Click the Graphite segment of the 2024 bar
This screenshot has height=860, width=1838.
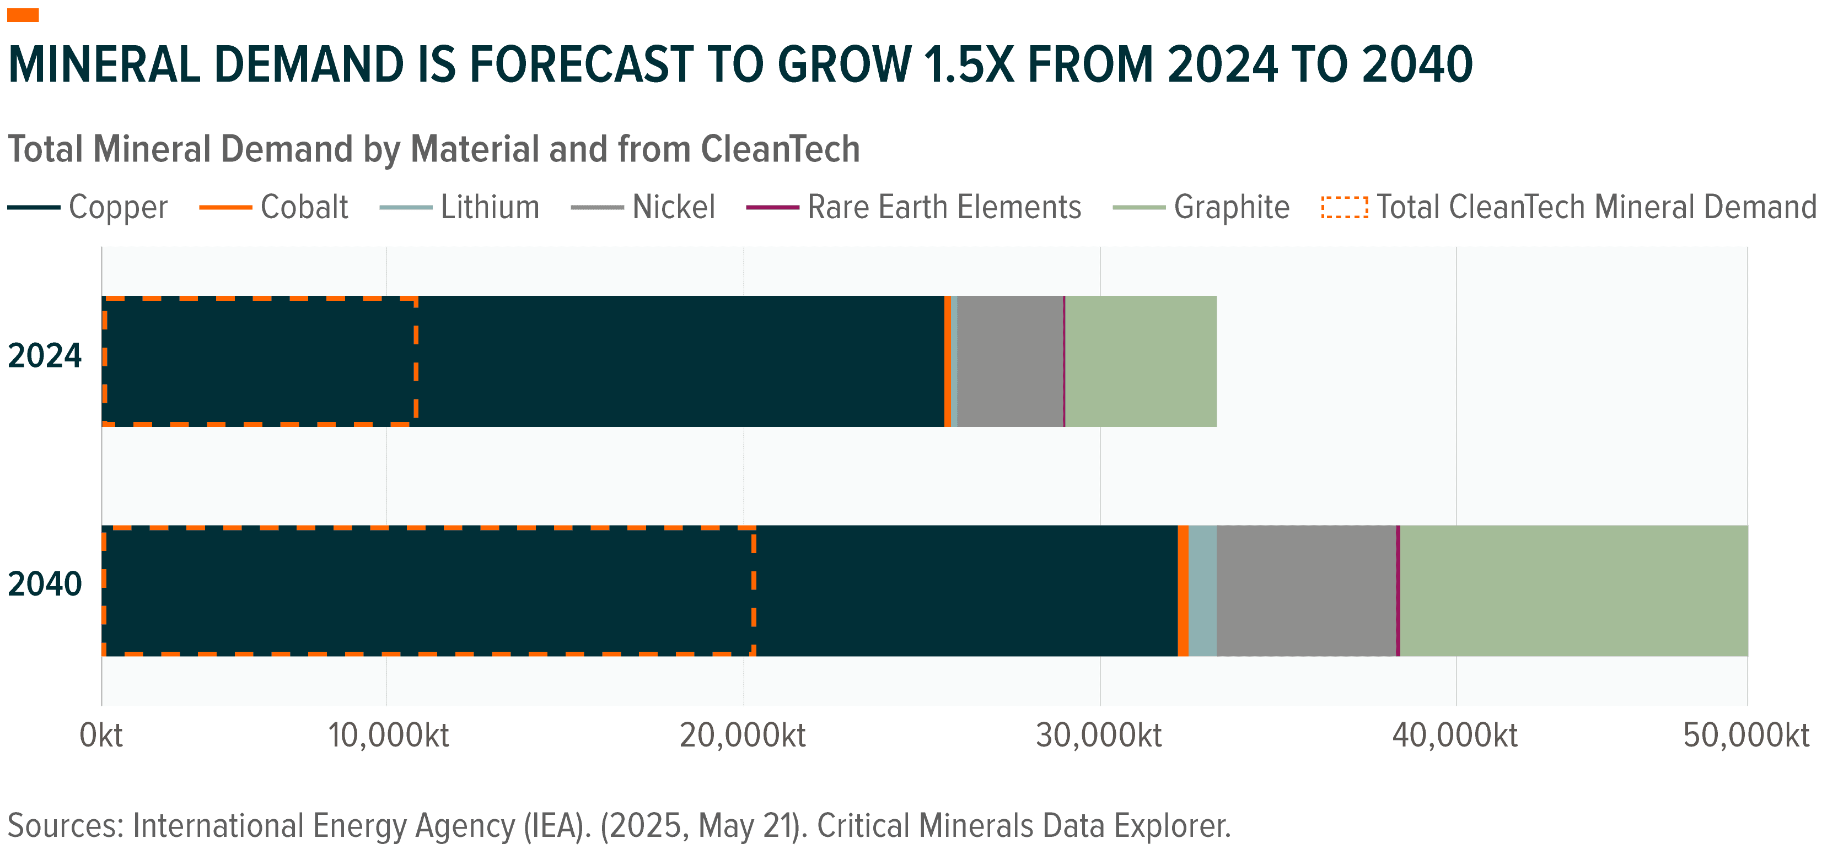click(x=1140, y=361)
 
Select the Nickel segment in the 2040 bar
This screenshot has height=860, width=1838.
click(x=1305, y=591)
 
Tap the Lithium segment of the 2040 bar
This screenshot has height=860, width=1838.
click(x=1202, y=591)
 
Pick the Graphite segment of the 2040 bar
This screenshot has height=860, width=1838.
click(x=1573, y=591)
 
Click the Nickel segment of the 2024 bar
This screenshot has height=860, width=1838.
click(x=1009, y=361)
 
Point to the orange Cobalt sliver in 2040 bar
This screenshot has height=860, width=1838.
click(x=1183, y=591)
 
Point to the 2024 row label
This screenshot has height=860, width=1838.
click(x=44, y=355)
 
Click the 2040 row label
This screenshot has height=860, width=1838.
click(x=44, y=584)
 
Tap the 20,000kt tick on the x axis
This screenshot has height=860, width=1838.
click(x=742, y=735)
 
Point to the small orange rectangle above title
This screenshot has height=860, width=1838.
click(x=23, y=15)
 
